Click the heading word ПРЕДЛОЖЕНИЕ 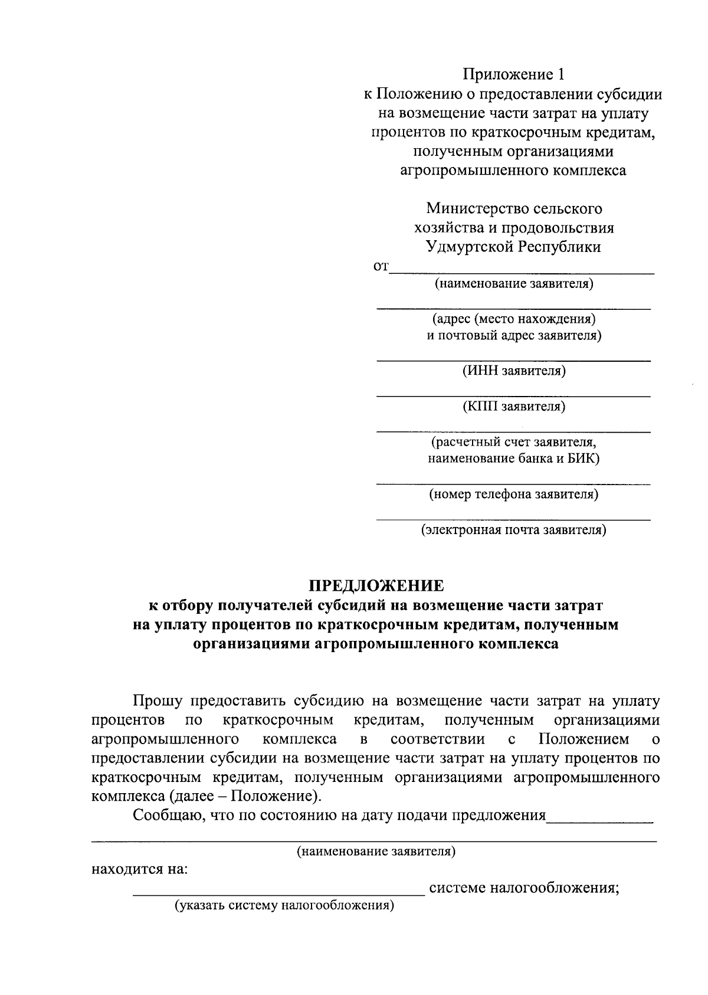pyautogui.click(x=376, y=586)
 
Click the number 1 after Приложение pyautogui.click(x=560, y=75)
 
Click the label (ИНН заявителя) pyautogui.click(x=514, y=371)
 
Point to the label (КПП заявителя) pyautogui.click(x=514, y=406)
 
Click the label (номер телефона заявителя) pyautogui.click(x=514, y=494)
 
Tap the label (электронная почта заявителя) pyautogui.click(x=514, y=529)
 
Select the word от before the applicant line pyautogui.click(x=381, y=267)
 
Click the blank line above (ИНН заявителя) pyautogui.click(x=514, y=360)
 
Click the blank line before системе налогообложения pyautogui.click(x=278, y=895)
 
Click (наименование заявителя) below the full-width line pyautogui.click(x=376, y=852)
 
